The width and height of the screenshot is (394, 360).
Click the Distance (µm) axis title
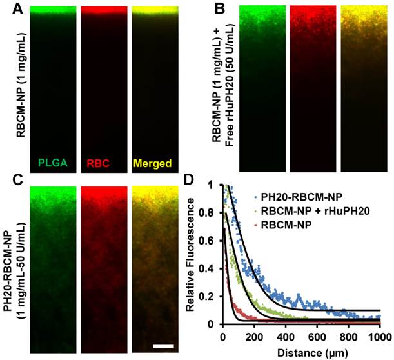pyautogui.click(x=300, y=352)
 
